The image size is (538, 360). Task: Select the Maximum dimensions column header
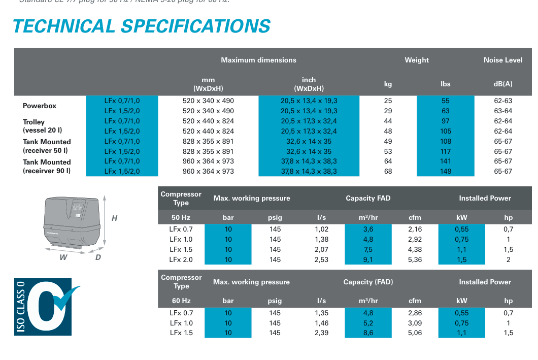pos(258,60)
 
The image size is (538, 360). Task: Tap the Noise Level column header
pos(502,60)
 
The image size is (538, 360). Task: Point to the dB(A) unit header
pos(502,84)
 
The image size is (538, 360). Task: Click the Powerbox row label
pos(40,106)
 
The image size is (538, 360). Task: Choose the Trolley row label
pos(34,122)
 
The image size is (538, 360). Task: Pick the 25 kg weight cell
pos(388,101)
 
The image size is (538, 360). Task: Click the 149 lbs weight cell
pos(445,172)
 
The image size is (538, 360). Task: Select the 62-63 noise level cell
pos(502,101)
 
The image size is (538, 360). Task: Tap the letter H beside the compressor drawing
pos(114,218)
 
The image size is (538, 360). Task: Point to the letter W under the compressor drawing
pos(63,257)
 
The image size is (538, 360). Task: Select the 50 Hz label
pos(181,218)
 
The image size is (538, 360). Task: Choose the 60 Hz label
pos(181,301)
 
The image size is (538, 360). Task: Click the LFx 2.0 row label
pos(181,260)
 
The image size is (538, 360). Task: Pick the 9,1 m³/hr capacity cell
pos(368,260)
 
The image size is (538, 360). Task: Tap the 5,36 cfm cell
pos(415,260)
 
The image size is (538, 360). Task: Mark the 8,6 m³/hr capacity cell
pos(368,333)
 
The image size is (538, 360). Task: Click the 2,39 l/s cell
pos(321,333)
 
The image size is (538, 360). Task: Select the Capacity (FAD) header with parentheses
pos(368,282)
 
